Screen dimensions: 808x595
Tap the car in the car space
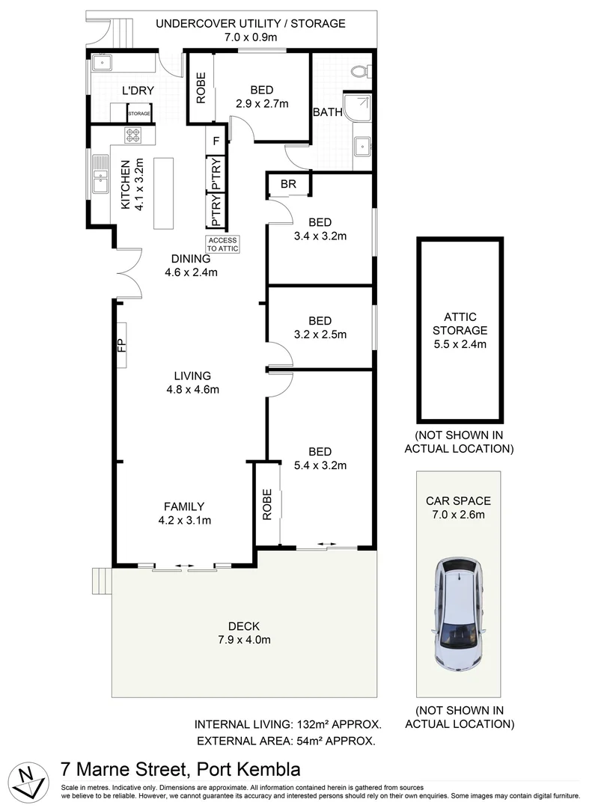coord(458,613)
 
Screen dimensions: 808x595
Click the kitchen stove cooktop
coord(132,135)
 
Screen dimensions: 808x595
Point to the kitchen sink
coord(99,180)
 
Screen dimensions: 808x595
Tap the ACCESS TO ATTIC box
coord(222,244)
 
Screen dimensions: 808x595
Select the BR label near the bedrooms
coord(288,184)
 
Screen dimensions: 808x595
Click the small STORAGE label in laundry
coord(139,114)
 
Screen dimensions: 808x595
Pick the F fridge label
coord(216,140)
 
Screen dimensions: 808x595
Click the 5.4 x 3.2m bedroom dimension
coord(320,465)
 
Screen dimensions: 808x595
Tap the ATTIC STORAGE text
coord(460,323)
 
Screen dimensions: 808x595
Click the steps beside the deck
coord(101,579)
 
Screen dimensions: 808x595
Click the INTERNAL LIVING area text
coord(288,724)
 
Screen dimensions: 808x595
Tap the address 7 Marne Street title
coord(180,769)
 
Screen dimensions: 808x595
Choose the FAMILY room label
coord(184,506)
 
